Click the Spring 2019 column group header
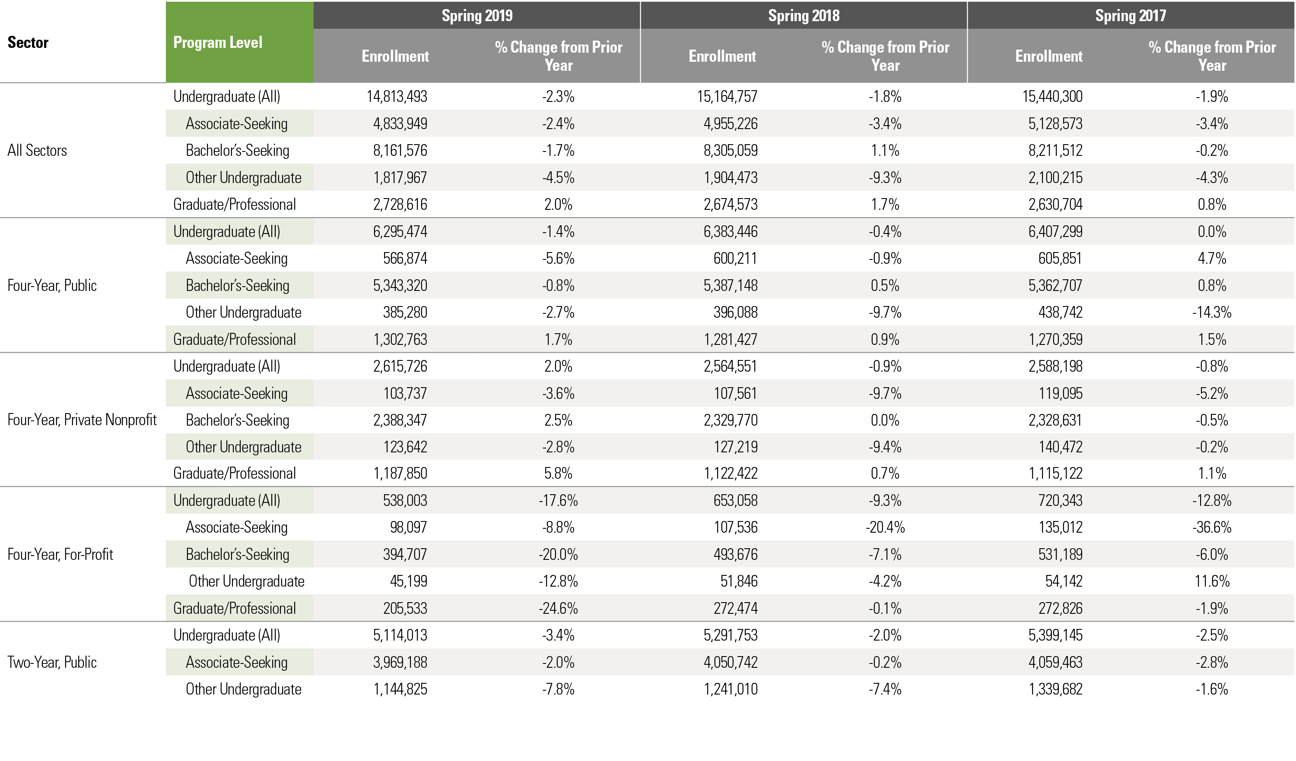coord(477,16)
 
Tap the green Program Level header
coord(218,42)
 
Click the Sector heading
coord(28,42)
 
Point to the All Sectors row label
coord(37,151)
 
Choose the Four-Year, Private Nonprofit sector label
coord(82,420)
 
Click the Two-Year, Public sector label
coord(52,662)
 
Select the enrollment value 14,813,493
coord(397,97)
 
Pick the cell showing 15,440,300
coord(1052,97)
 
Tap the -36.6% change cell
coord(1211,527)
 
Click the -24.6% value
coord(558,608)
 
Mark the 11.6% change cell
coord(1212,581)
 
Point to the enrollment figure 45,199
coord(408,581)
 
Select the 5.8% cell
coord(558,473)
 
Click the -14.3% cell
coord(1211,313)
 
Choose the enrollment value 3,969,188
coord(400,662)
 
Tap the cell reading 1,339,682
coord(1055,689)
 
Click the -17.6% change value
coord(558,500)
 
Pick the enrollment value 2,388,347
coord(400,420)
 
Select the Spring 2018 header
coord(804,16)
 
